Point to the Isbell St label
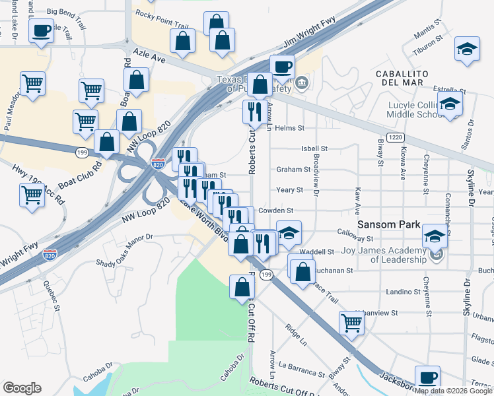(314, 149)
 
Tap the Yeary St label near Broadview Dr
(289, 189)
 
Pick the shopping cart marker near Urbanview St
(351, 323)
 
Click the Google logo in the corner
(22, 388)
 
